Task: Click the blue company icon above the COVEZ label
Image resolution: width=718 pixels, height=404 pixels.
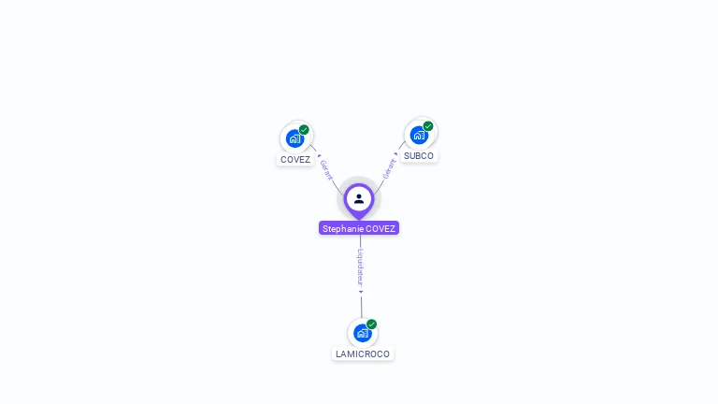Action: pos(295,138)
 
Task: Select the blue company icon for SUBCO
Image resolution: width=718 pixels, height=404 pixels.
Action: pos(419,135)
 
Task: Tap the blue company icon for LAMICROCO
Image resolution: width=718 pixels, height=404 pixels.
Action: pos(362,333)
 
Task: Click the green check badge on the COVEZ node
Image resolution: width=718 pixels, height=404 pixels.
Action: pos(304,130)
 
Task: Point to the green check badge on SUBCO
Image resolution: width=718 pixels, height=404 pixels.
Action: pos(428,126)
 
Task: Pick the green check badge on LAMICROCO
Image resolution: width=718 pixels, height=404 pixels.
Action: pos(371,325)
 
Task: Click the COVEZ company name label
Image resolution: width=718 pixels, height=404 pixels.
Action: pos(295,159)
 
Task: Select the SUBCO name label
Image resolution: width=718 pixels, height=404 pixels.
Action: pos(419,155)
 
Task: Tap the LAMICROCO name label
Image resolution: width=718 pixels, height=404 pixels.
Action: pos(363,354)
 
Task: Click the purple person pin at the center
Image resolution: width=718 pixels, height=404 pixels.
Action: pos(359,199)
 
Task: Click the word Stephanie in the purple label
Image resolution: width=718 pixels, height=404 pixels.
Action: pos(342,228)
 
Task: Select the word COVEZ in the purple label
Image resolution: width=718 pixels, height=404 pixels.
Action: pos(381,228)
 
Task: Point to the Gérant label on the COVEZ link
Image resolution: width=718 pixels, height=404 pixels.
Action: pos(326,169)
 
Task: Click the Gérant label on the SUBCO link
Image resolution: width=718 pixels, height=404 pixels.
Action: pos(389,167)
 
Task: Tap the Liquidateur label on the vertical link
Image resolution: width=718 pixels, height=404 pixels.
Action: pos(361,267)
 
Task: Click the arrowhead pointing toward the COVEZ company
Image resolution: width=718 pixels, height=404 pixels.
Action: pos(319,155)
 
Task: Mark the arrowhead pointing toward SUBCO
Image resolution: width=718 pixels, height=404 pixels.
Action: pos(396,153)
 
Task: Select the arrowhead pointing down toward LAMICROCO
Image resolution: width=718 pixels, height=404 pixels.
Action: pos(361,291)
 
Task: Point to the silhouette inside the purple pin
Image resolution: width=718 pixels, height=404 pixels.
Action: pos(359,198)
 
